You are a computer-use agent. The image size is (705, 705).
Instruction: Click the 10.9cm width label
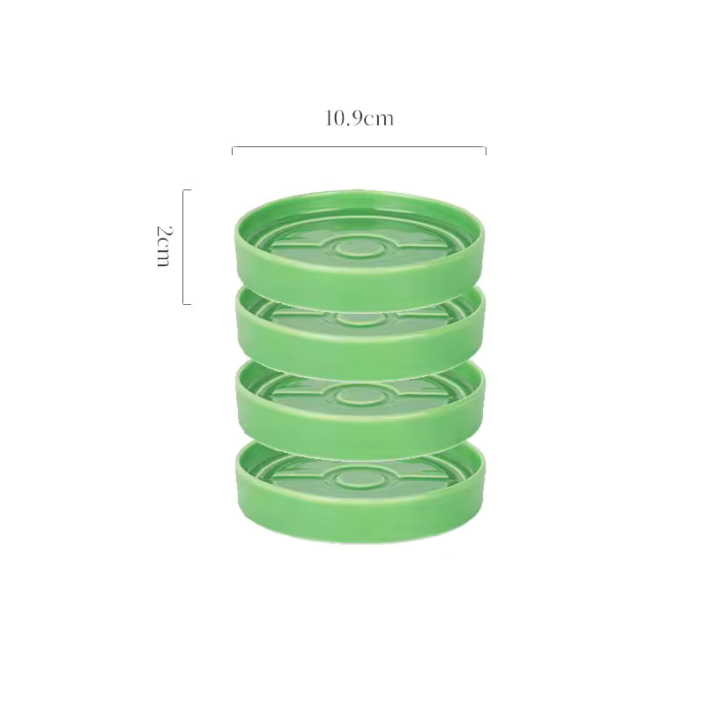click(x=359, y=119)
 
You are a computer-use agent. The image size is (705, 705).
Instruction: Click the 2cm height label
click(x=164, y=247)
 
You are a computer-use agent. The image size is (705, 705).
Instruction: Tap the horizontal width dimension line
click(x=359, y=147)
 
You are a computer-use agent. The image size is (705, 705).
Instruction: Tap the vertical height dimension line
click(x=183, y=247)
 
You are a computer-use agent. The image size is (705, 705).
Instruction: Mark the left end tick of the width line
click(x=233, y=151)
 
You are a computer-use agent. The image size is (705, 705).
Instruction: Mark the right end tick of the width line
click(x=486, y=151)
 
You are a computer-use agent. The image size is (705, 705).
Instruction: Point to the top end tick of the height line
click(x=187, y=190)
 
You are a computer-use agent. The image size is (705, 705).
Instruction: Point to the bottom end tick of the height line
click(x=187, y=304)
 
